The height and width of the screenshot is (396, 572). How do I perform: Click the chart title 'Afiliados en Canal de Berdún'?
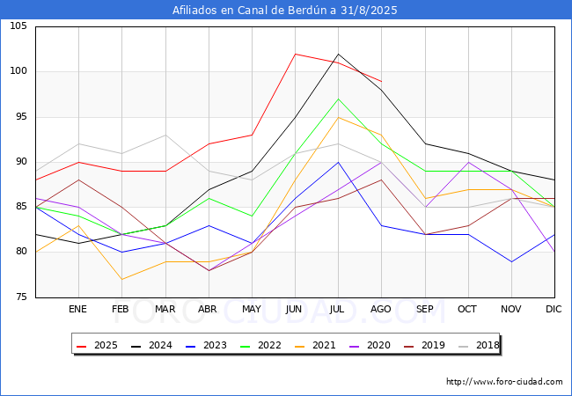point(285,11)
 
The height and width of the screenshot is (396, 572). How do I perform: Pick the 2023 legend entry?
point(213,345)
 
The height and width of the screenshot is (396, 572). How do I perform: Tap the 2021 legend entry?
point(323,345)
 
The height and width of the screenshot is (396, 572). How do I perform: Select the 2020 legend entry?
point(378,345)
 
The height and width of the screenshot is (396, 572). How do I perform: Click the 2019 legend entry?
point(433,345)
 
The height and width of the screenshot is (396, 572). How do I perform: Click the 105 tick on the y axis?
point(18,26)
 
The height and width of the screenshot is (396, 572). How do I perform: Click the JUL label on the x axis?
point(338,310)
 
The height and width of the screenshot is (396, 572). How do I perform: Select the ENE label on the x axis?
point(78,310)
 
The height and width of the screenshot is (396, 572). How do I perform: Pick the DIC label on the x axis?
point(554,310)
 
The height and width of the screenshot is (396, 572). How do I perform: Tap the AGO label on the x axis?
point(381,310)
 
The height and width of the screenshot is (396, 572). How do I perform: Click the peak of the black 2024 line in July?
point(338,54)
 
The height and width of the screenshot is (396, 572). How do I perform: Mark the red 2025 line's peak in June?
point(295,54)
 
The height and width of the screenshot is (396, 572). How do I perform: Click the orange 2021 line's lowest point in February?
point(121,279)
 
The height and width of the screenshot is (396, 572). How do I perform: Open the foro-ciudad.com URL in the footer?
point(504,382)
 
